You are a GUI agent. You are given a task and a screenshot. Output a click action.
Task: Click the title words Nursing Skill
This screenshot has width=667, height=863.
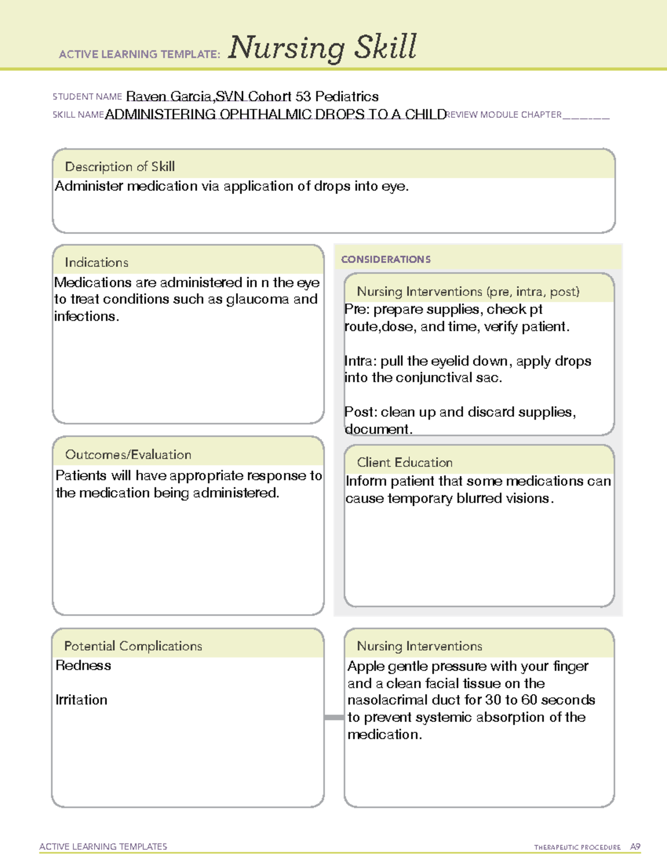pos(322,48)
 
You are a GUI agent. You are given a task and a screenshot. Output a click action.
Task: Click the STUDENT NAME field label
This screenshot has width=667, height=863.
pos(87,97)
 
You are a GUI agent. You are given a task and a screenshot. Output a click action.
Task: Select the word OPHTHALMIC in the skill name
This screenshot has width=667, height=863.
pos(265,114)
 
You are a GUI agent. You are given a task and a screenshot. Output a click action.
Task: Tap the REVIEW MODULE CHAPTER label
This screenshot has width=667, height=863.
pos(504,115)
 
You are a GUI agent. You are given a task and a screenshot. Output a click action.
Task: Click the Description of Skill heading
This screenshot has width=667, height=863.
pos(120,167)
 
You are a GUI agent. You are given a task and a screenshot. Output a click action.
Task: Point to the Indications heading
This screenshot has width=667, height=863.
pos(96,262)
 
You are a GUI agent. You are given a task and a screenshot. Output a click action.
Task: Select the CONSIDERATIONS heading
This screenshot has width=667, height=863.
pos(386,260)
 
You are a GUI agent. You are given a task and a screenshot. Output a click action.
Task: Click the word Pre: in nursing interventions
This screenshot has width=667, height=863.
pos(357,310)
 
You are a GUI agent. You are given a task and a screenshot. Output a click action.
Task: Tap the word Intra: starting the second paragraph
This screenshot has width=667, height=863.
pos(360,361)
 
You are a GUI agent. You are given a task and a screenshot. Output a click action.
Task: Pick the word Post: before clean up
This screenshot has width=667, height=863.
pos(361,412)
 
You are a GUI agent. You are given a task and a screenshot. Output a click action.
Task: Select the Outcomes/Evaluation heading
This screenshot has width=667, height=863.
pos(128,455)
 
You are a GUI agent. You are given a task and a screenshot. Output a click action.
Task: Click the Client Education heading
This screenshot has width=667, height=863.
pos(404,462)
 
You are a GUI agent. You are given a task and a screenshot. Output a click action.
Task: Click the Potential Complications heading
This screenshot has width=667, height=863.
pos(133,646)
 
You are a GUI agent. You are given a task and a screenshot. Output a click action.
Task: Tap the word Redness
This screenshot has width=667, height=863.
pos(83,666)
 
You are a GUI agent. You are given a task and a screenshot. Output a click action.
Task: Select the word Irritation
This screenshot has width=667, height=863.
pos(81,700)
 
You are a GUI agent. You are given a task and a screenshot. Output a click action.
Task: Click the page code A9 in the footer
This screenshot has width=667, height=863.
pos(635,847)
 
